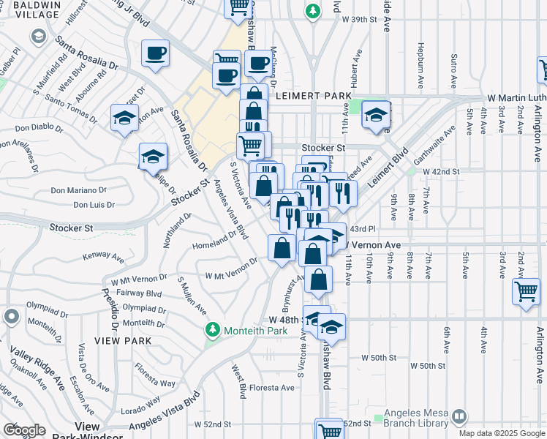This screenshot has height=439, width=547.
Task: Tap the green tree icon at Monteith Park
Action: click(x=213, y=331)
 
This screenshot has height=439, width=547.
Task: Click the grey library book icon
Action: click(x=459, y=418)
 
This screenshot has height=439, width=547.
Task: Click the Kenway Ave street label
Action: click(x=104, y=256)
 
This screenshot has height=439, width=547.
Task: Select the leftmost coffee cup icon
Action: click(x=156, y=53)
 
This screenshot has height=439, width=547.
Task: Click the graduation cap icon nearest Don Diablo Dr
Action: click(x=125, y=117)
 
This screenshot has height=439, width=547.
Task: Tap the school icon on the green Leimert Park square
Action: click(x=376, y=115)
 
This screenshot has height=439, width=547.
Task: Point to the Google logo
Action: click(x=24, y=431)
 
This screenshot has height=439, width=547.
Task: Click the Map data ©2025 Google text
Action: click(x=502, y=433)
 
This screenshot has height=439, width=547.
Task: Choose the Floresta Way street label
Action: click(x=158, y=383)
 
